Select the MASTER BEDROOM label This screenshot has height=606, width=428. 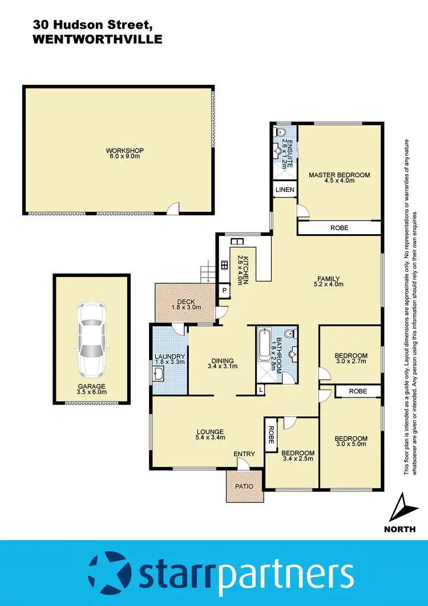pos(339,175)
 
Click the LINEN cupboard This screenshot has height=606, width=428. pos(284,190)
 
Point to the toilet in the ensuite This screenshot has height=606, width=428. pos(280,133)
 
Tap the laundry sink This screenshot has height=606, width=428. pos(160,375)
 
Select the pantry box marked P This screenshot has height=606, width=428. pos(223,291)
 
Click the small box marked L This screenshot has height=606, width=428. pos(260,390)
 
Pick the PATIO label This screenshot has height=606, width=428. pos(245,486)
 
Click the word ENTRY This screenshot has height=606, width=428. pos(244,454)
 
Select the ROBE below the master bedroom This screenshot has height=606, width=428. pos(339,228)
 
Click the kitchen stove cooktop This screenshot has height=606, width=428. pos(223,266)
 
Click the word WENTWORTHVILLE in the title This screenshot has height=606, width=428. pos(98,39)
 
